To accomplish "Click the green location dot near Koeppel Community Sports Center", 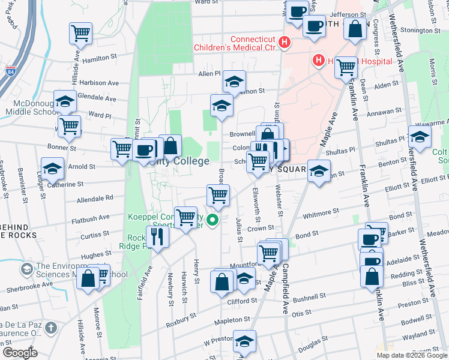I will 212,221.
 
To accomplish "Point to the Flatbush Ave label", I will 96,217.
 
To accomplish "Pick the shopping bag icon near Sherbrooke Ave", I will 89,278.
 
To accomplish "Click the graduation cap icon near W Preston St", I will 244,341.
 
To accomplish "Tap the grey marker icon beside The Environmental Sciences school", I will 26,269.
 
